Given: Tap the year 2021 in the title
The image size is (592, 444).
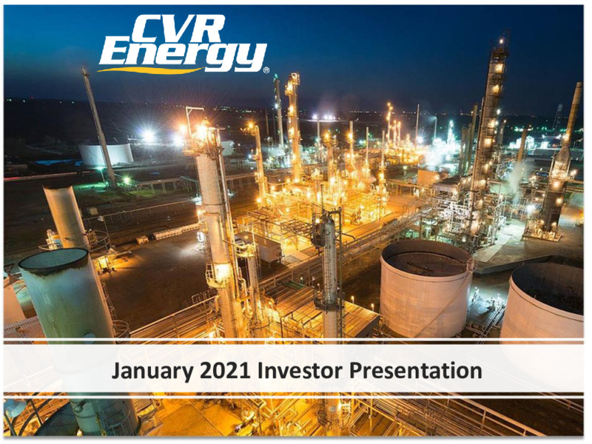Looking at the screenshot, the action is click(x=226, y=371).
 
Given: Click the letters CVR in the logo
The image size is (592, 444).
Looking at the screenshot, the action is click(x=181, y=29).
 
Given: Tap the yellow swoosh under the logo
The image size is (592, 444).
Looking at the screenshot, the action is click(x=151, y=70).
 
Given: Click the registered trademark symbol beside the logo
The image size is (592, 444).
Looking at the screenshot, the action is click(x=266, y=70).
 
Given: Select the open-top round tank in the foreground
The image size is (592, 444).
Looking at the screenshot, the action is click(x=425, y=286).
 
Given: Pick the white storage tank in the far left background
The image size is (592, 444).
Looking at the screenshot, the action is click(x=106, y=155).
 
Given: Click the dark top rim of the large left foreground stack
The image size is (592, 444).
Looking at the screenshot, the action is click(x=53, y=261).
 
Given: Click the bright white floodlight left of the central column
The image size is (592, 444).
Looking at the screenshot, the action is click(x=147, y=135).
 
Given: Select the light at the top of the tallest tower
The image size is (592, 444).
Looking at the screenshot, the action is click(x=502, y=40).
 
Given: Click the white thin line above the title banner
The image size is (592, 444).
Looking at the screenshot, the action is click(x=293, y=343).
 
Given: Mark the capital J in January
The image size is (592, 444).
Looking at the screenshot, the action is click(x=116, y=371).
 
